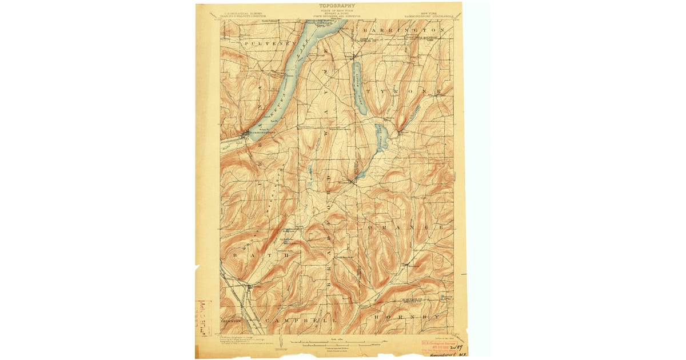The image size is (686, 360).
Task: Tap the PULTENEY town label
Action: pyautogui.click(x=266, y=43)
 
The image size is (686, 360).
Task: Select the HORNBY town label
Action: pyautogui.click(x=407, y=316)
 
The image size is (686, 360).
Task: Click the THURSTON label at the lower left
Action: pyautogui.click(x=232, y=321)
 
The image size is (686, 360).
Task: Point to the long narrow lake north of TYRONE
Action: pyautogui.click(x=358, y=86)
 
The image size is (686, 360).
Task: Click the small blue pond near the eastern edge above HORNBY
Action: pyautogui.click(x=446, y=297)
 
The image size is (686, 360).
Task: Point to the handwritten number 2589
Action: pyautogui.click(x=456, y=346)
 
